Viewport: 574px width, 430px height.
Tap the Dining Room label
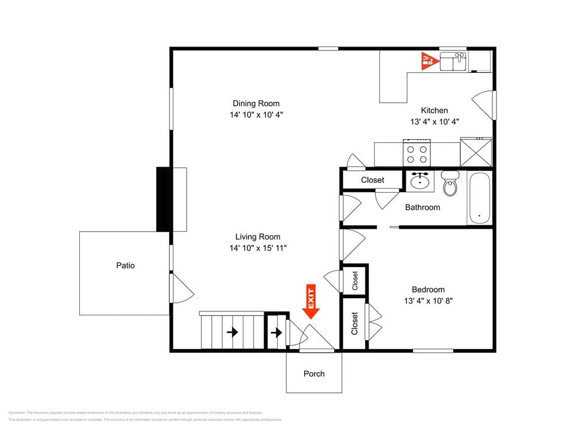click(256, 104)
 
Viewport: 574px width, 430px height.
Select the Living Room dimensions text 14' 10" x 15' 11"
click(257, 248)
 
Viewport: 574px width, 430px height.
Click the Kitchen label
click(434, 111)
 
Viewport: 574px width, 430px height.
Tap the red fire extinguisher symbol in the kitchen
click(428, 60)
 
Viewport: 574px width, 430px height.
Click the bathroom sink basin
click(420, 182)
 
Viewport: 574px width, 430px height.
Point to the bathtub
click(479, 198)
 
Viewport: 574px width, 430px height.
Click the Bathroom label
click(422, 208)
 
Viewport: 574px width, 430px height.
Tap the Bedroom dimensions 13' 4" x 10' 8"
click(428, 301)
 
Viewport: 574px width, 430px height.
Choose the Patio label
click(125, 265)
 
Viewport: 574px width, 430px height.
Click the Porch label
click(314, 374)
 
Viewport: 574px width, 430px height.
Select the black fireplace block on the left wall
click(164, 200)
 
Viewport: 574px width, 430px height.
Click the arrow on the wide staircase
click(232, 332)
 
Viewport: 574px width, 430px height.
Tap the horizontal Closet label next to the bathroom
click(373, 180)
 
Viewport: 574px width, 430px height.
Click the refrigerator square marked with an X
click(476, 153)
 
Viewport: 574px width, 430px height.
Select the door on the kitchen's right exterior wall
click(484, 105)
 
